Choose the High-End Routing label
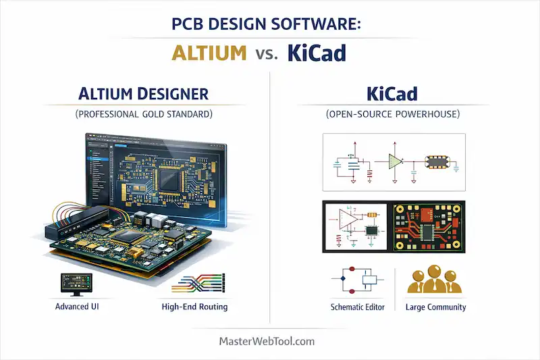tap(194, 307)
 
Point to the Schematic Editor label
tap(358, 307)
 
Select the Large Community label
tap(436, 307)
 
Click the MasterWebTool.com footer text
tap(267, 341)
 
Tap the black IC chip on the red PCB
tap(430, 231)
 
